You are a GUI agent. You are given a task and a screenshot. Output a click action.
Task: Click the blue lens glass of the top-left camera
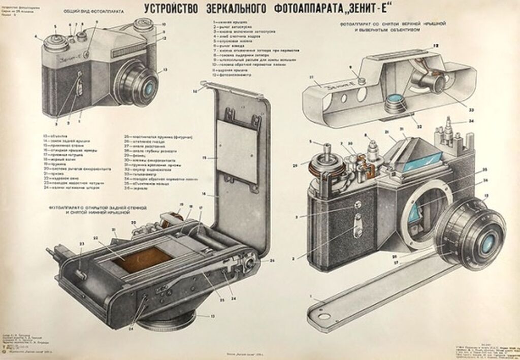pyautogui.click(x=148, y=87)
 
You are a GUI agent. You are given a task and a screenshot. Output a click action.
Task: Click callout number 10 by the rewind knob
pyautogui.click(x=164, y=24)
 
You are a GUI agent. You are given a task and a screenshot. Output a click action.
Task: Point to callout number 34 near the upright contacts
pyautogui.click(x=471, y=121)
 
